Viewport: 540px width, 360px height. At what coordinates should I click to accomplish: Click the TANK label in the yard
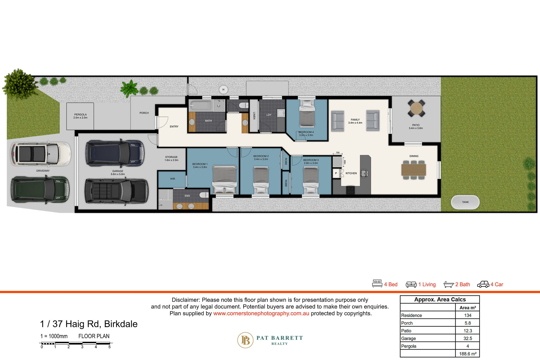click(465, 202)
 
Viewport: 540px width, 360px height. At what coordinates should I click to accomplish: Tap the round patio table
click(416, 108)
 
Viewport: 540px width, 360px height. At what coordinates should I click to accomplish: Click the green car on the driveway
click(40, 189)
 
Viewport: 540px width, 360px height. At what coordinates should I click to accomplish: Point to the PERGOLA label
click(80, 115)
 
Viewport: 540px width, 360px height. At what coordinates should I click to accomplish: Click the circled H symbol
click(223, 90)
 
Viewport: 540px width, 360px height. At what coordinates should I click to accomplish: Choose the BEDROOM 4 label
click(306, 132)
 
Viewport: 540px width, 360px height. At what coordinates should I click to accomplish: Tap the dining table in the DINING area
click(413, 170)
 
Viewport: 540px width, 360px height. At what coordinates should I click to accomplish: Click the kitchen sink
click(364, 173)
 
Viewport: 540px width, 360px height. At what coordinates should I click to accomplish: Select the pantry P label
click(336, 173)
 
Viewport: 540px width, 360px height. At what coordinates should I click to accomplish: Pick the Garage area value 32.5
click(467, 338)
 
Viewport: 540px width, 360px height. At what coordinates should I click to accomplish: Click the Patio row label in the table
click(406, 331)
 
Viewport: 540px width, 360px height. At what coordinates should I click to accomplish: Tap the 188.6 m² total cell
click(467, 354)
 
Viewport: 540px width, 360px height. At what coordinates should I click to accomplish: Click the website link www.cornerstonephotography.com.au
click(261, 313)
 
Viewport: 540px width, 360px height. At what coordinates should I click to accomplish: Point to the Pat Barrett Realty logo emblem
click(245, 340)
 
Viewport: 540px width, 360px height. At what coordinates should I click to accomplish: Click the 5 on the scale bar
click(109, 347)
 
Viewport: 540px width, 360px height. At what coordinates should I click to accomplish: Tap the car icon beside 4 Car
click(483, 284)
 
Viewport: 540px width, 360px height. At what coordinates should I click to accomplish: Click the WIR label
click(172, 179)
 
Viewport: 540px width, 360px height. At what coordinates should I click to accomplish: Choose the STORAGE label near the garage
click(171, 157)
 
